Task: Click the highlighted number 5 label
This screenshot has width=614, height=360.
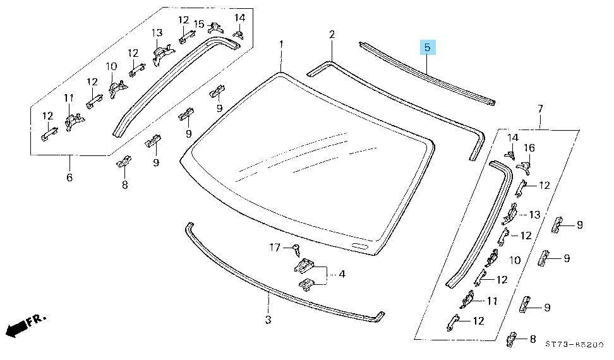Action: [x=427, y=47]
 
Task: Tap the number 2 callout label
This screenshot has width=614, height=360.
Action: [x=332, y=34]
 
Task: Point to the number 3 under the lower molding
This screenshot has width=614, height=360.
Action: [x=268, y=320]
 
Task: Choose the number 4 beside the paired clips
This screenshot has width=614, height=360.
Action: [x=342, y=274]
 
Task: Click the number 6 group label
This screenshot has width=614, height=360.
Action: [x=69, y=177]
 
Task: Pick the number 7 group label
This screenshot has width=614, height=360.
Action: [x=540, y=109]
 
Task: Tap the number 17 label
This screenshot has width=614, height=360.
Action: [x=275, y=248]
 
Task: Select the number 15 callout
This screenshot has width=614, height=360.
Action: [x=199, y=24]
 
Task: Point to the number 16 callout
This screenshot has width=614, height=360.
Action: [x=529, y=148]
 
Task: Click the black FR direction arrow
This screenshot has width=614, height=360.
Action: [x=19, y=327]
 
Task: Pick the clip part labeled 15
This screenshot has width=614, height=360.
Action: [x=215, y=27]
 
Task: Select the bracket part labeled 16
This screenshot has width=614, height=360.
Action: [x=523, y=166]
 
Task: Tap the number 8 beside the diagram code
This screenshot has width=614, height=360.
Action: [x=532, y=339]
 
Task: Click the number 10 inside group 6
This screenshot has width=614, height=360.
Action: [x=111, y=66]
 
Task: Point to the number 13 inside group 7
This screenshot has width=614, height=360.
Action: [x=534, y=215]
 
